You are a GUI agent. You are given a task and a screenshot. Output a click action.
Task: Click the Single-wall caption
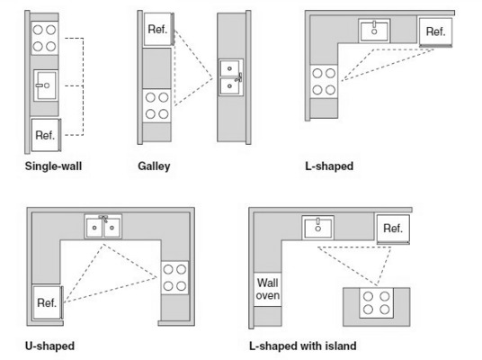pos(53,166)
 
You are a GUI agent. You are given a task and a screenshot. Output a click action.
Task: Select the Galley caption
pos(154,166)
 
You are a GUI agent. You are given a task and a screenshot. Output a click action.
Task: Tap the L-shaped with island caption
pos(303,346)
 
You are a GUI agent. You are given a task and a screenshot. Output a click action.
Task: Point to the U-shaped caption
pos(49,346)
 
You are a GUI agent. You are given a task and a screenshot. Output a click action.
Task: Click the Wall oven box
pos(268,289)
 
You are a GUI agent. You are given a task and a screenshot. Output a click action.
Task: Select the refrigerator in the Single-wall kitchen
pos(46,135)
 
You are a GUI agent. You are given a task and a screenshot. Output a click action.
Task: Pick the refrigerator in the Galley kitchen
pos(158,30)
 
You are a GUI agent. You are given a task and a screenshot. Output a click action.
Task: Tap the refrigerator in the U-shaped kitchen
pos(48,302)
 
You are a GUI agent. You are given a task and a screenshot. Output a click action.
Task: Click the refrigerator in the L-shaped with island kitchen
pos(393,229)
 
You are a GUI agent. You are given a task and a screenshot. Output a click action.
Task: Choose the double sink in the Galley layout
pos(231,77)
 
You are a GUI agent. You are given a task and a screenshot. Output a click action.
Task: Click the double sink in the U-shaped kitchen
pos(103,227)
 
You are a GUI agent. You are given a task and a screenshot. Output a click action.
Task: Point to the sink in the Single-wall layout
pos(46,85)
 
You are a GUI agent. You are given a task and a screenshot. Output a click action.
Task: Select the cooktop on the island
pos(376,303)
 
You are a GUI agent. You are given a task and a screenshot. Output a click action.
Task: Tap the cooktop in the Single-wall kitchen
pos(45,38)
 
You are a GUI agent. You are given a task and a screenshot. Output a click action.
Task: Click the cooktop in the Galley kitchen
pos(157,106)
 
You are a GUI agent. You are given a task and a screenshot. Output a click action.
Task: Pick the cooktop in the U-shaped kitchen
pos(175,278)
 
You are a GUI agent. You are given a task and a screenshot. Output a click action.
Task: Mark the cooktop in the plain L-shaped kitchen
pos(324,82)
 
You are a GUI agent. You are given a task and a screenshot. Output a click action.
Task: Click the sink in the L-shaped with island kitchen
pos(317,228)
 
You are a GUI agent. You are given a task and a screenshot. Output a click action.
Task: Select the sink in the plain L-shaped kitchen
pos(374,31)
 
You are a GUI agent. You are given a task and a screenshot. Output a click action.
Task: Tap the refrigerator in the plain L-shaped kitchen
pos(436,32)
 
